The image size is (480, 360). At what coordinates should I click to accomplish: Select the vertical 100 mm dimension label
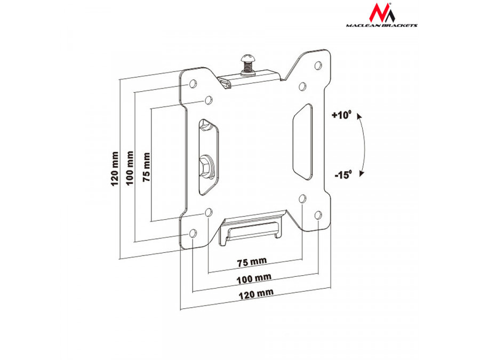pyautogui.click(x=130, y=167)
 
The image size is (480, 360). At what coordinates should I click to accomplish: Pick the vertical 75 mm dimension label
pyautogui.click(x=146, y=167)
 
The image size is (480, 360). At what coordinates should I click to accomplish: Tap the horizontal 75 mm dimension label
pyautogui.click(x=251, y=262)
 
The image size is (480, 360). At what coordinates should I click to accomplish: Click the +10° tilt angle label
pyautogui.click(x=342, y=115)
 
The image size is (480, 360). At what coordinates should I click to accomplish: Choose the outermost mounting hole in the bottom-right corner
pyautogui.click(x=318, y=214)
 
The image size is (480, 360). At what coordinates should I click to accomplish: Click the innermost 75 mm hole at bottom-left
pyautogui.click(x=209, y=213)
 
